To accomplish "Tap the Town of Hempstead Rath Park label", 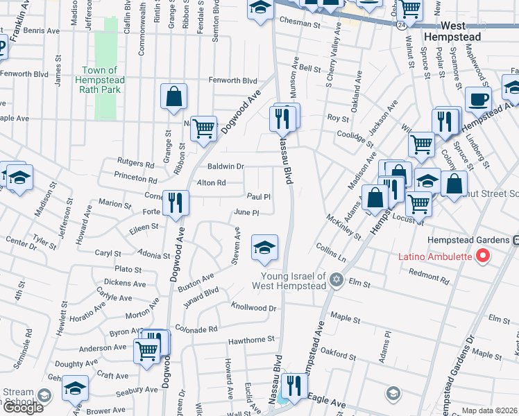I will point(103,80).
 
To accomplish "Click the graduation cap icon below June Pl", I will point(264,248).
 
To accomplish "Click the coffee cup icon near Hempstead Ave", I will point(477,99).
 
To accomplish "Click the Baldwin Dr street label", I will point(226,166).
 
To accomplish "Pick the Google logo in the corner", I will point(22,408).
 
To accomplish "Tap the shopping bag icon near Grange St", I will point(173,97).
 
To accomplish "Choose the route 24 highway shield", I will point(402,25).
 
